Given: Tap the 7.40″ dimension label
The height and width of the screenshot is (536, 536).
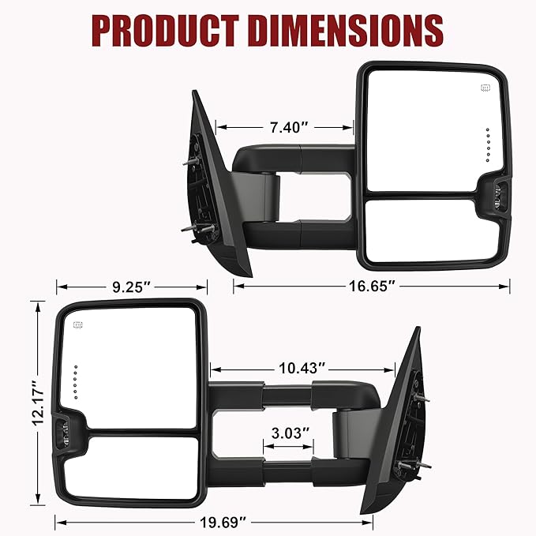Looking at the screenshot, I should [285, 126].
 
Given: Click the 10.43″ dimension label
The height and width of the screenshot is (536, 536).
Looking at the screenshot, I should [302, 369].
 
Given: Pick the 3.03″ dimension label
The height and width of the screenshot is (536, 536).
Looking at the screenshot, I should [288, 433].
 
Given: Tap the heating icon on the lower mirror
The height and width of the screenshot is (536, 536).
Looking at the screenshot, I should [78, 325].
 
